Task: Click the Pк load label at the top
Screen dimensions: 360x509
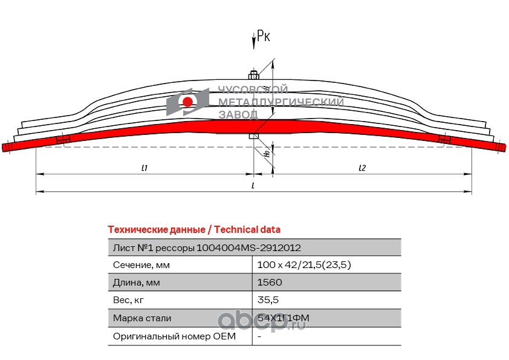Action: pyautogui.click(x=264, y=37)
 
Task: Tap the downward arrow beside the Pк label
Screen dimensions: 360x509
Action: pyautogui.click(x=254, y=40)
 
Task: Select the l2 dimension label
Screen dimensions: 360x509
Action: pyautogui.click(x=362, y=168)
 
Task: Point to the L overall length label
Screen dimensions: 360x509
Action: pyautogui.click(x=253, y=186)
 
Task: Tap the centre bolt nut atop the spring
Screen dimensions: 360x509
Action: pyautogui.click(x=254, y=76)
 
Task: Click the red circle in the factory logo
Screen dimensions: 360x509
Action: pyautogui.click(x=188, y=101)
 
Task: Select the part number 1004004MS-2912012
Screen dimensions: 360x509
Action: pyautogui.click(x=249, y=248)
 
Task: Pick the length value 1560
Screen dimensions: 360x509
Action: pyautogui.click(x=270, y=283)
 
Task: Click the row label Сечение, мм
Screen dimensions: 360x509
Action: pyautogui.click(x=141, y=265)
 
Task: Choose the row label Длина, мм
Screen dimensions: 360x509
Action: pyautogui.click(x=137, y=283)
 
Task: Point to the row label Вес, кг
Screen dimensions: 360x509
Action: pyautogui.click(x=129, y=300)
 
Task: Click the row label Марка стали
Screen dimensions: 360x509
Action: pyautogui.click(x=142, y=318)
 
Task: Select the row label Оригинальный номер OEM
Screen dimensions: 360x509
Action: pyautogui.click(x=163, y=336)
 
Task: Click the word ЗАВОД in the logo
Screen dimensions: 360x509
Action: pyautogui.click(x=238, y=114)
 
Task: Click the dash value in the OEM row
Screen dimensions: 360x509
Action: pyautogui.click(x=259, y=336)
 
